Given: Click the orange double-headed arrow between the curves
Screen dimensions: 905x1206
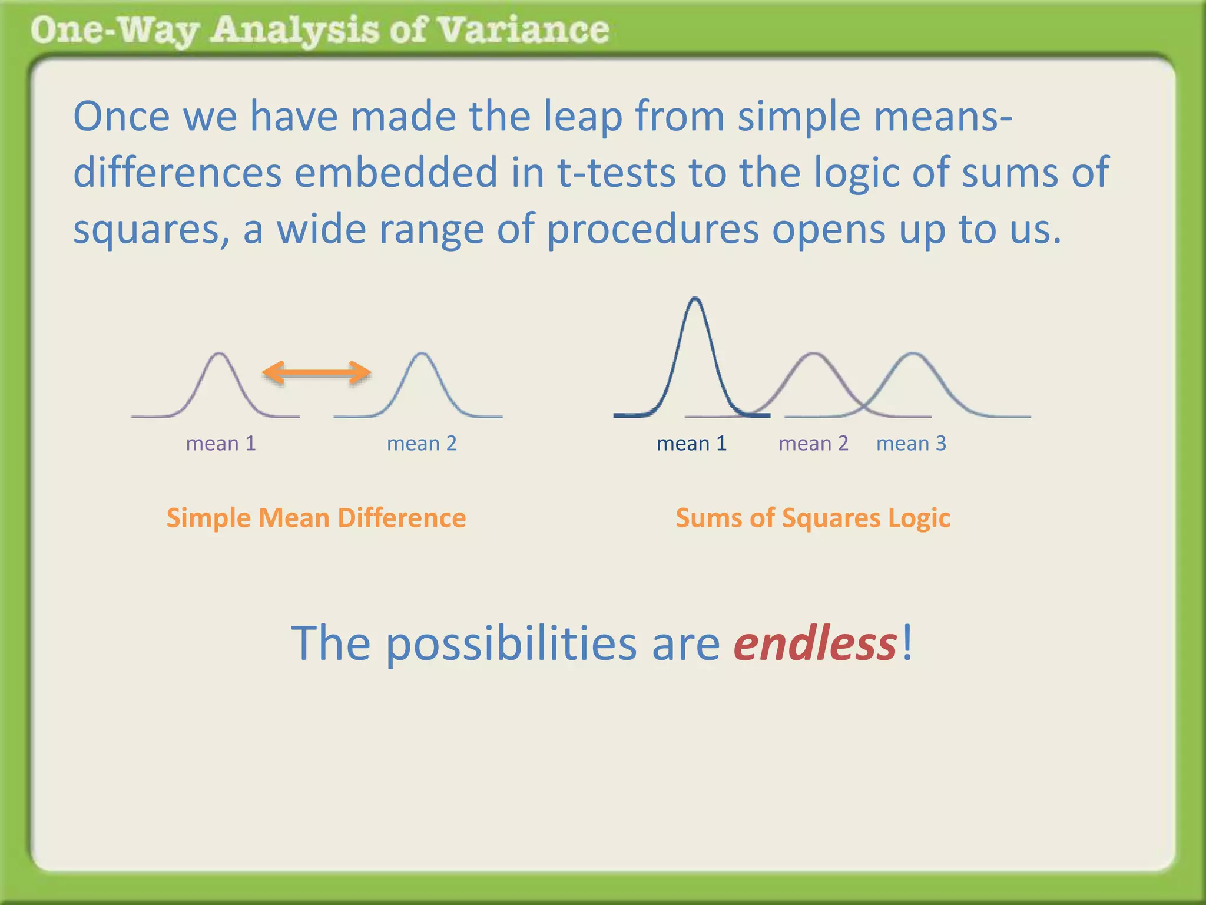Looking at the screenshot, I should pyautogui.click(x=316, y=372).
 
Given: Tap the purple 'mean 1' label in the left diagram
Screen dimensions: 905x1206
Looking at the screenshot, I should pyautogui.click(x=221, y=443).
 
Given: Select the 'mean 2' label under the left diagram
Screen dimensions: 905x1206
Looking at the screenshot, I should pyautogui.click(x=422, y=443).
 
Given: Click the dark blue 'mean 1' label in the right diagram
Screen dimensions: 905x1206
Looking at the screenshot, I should pyautogui.click(x=691, y=443).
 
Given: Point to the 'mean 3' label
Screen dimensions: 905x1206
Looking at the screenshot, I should pyautogui.click(x=911, y=443).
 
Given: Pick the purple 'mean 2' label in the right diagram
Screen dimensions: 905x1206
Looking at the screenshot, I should pyautogui.click(x=813, y=443).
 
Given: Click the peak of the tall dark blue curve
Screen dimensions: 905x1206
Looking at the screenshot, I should pyautogui.click(x=695, y=299).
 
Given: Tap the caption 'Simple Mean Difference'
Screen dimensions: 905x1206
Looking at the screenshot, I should pyautogui.click(x=316, y=518).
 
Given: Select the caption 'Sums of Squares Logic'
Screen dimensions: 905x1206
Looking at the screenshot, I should pyautogui.click(x=813, y=518).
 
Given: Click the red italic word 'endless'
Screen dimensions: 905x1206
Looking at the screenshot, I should pyautogui.click(x=815, y=643).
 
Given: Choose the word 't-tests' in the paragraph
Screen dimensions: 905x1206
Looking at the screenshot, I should pyautogui.click(x=616, y=173).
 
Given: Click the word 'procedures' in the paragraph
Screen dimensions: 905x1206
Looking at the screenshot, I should pyautogui.click(x=653, y=230).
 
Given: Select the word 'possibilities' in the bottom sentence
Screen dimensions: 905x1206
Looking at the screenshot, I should pyautogui.click(x=511, y=643).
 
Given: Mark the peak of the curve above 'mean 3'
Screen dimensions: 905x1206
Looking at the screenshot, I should pyautogui.click(x=913, y=354).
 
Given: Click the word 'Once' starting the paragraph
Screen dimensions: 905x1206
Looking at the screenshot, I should pyautogui.click(x=122, y=117).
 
